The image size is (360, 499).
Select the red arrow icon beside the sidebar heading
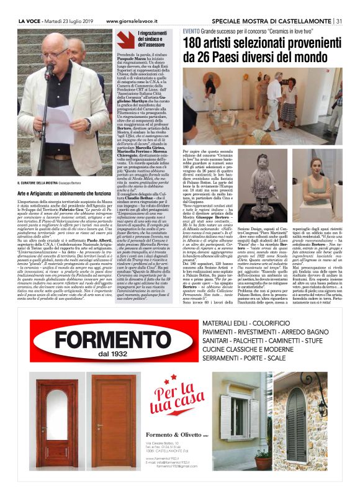point(126,39)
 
